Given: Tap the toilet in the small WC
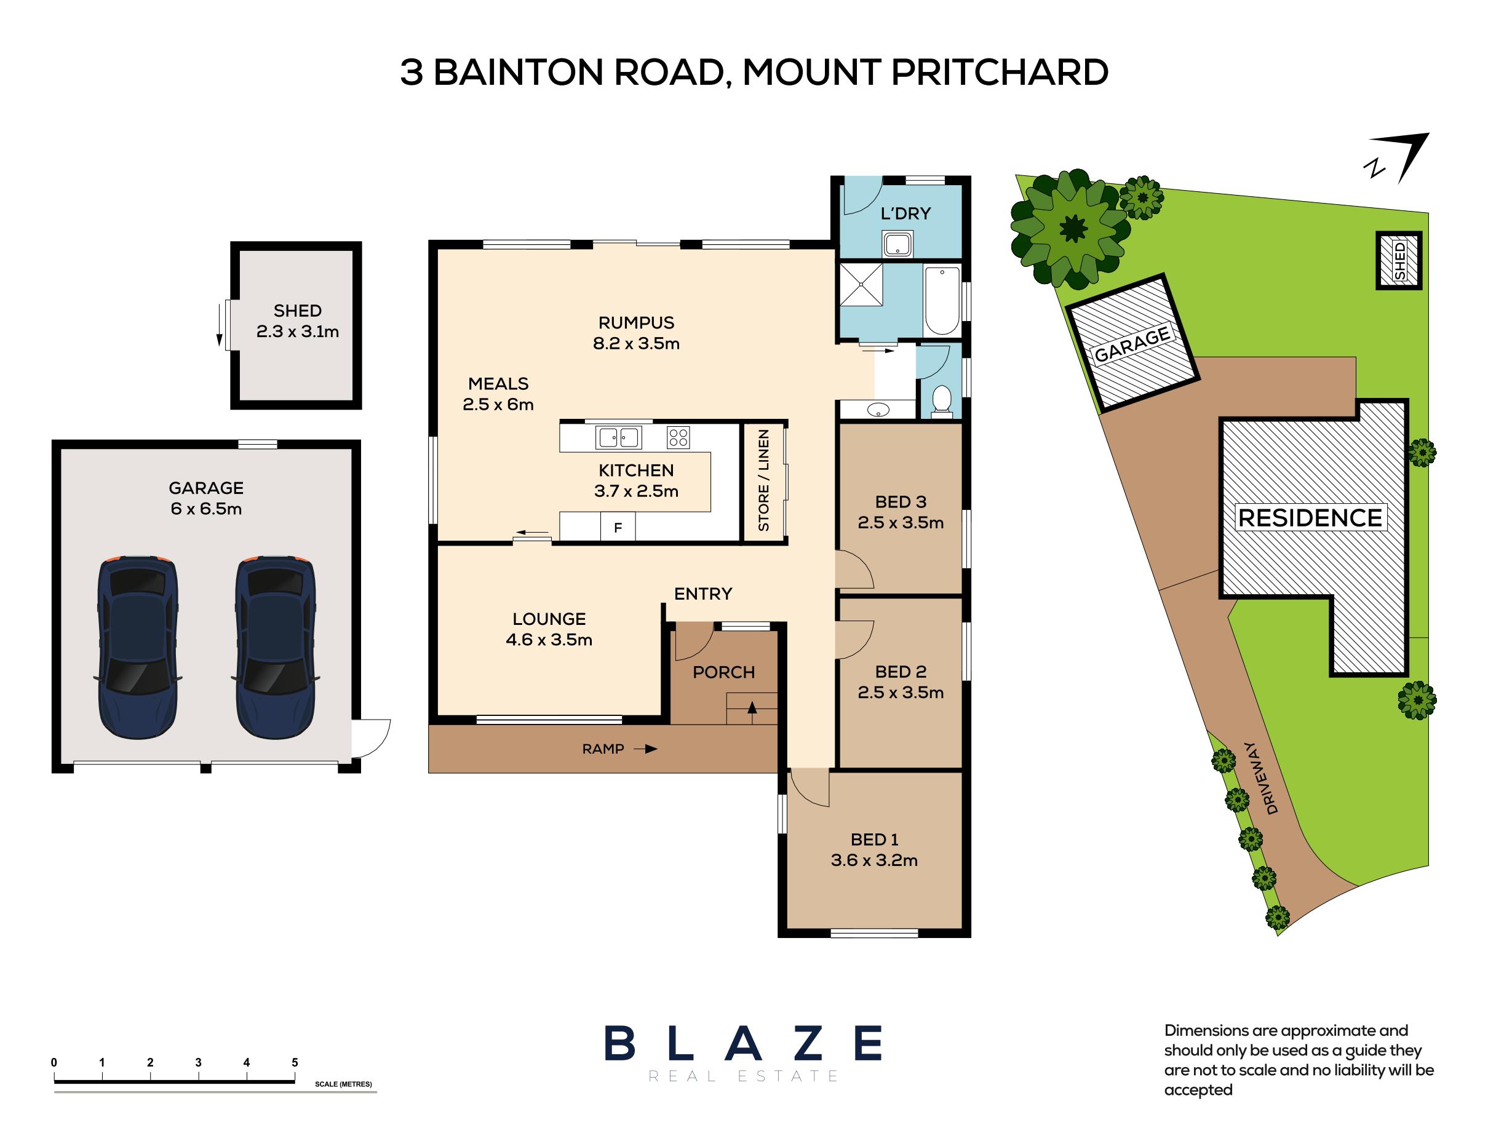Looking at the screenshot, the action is point(941,399).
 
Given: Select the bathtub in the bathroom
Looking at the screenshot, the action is point(942,300).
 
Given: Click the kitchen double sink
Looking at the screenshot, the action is point(618,437).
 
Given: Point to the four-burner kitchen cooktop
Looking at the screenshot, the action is point(678,437).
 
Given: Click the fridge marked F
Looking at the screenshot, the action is point(618,527).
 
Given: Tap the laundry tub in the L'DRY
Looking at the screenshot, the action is point(897,244).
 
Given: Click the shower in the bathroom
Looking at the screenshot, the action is point(861,285).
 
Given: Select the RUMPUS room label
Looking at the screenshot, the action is point(636,322).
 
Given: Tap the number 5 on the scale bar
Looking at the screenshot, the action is point(295,1062).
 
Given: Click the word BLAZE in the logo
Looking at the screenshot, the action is point(743,1044).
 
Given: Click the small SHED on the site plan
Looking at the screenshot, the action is point(1399,260).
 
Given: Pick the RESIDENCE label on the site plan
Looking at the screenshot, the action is point(1310,518).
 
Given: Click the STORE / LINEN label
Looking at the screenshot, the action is point(763,480).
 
